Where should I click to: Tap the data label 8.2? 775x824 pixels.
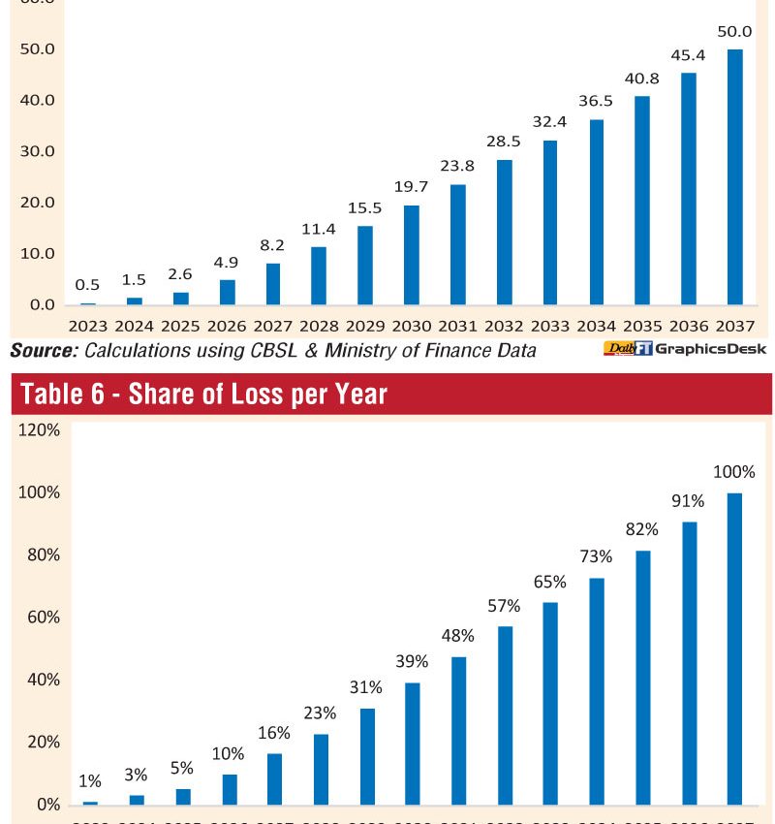point(273,247)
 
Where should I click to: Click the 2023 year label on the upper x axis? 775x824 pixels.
point(87,326)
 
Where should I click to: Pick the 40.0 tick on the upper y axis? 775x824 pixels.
point(36,100)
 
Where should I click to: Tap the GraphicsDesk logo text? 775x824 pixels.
point(710,349)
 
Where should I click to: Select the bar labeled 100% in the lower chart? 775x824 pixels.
point(734,649)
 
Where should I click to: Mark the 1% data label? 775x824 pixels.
point(89,780)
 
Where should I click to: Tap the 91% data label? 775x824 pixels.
point(688,501)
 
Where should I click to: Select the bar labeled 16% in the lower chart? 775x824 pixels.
point(274,778)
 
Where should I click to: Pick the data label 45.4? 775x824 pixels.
point(688,55)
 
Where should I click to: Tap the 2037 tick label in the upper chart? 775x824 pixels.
point(734,326)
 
